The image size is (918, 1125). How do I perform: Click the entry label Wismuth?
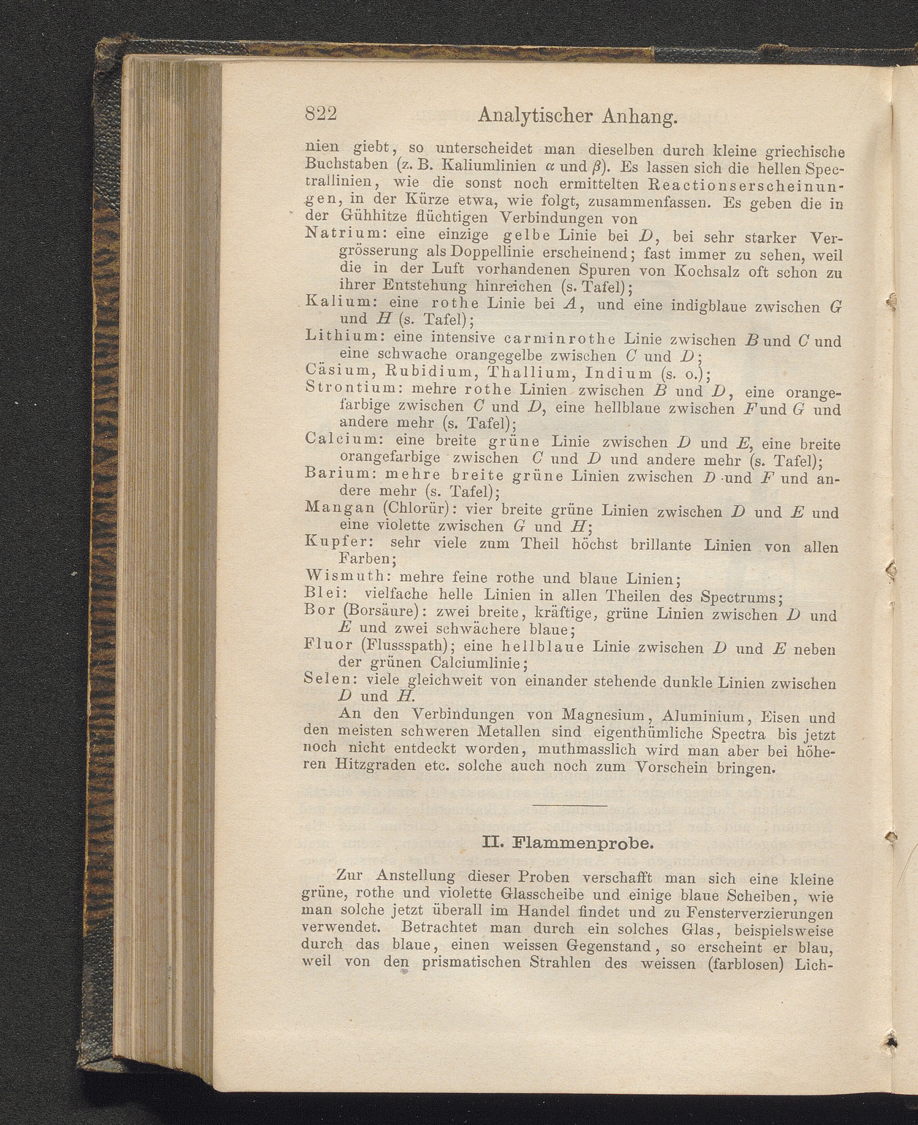point(349,576)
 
